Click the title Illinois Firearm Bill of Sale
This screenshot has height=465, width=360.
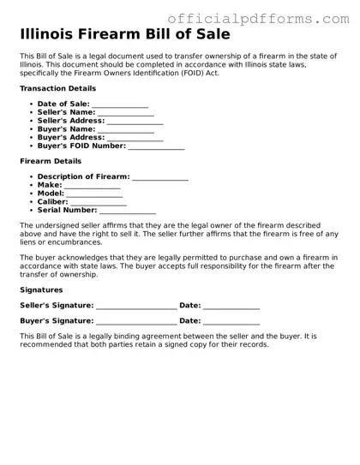point(124,34)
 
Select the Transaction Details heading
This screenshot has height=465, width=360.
point(57,88)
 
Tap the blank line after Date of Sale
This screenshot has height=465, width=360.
point(120,105)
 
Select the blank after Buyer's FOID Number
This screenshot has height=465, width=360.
point(156,146)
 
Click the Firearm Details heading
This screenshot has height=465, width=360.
point(51,161)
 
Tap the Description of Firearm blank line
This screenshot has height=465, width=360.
point(159,178)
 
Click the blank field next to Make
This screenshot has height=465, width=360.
point(93,186)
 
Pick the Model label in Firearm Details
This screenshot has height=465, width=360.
point(51,194)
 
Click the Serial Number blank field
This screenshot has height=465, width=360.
point(128,210)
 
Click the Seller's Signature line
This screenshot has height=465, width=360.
point(136,306)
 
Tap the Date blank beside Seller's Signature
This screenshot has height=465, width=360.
point(231,306)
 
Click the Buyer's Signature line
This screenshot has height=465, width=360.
point(136,322)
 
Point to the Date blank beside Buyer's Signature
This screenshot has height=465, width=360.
point(231,322)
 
